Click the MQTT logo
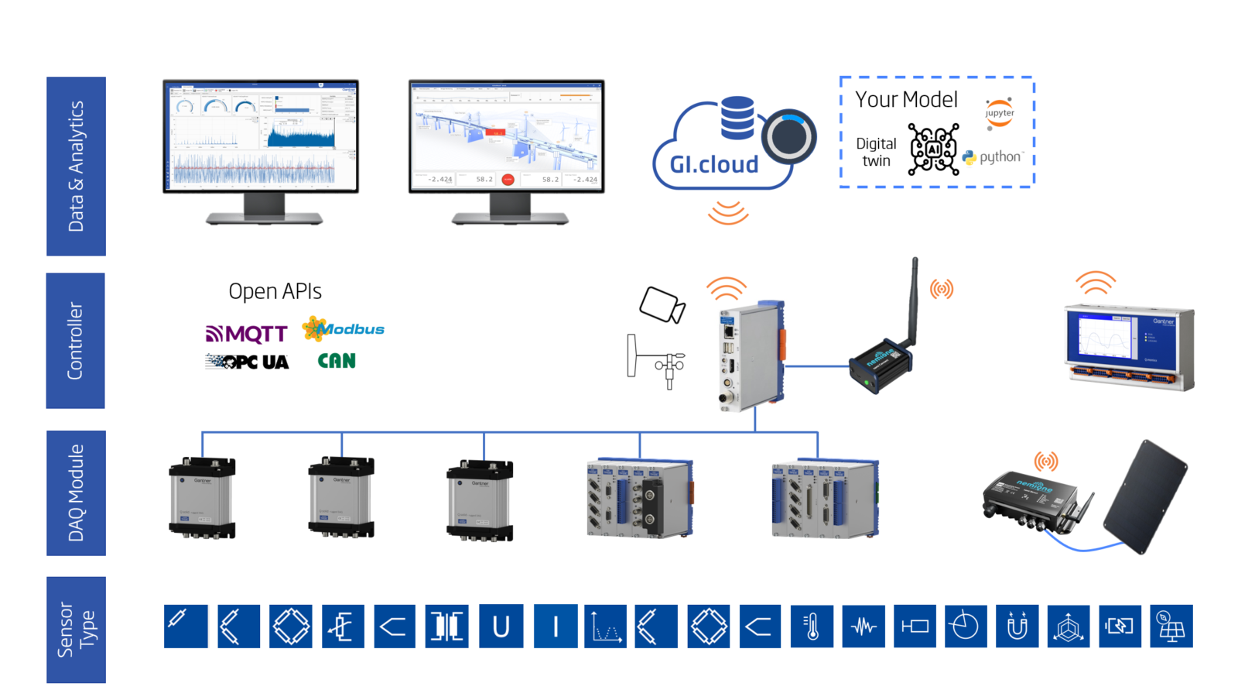247,334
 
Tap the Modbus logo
344,329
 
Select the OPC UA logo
248,362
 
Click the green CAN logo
337,361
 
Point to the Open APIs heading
275,291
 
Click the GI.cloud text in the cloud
713,164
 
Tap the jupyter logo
999,113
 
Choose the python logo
993,157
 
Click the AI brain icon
933,149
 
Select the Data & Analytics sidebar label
76,166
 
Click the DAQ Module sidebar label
76,493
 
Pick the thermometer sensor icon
812,626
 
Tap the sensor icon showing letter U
501,626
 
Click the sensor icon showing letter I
555,626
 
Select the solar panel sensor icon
1171,626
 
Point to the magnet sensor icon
1017,626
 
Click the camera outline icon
662,304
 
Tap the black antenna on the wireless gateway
914,301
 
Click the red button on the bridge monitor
508,180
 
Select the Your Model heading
906,100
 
